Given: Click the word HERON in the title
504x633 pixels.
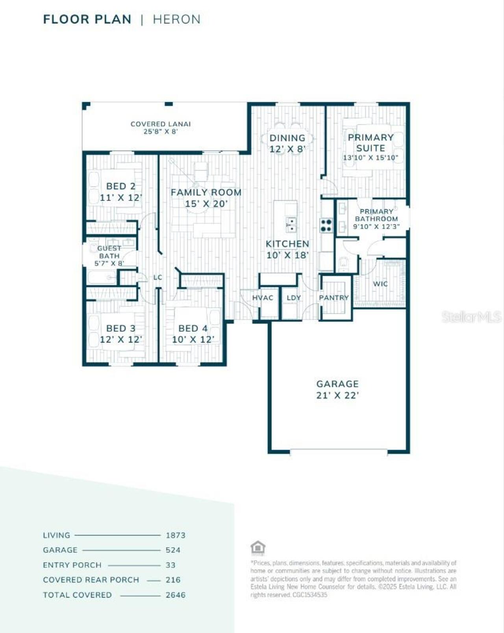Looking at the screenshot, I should pos(176,19).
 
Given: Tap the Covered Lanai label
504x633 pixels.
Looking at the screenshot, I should pos(160,127).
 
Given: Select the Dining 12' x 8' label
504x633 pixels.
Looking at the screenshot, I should pos(287,143).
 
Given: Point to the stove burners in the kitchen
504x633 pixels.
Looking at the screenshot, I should pos(326,225).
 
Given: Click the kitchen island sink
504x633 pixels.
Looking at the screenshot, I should pos(291,225).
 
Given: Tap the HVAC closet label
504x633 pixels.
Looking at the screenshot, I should pos(263,298).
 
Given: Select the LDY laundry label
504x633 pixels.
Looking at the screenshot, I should pos(294,298).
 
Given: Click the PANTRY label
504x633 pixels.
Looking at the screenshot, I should pos(334,298).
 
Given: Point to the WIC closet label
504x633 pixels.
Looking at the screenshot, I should pos(380,284).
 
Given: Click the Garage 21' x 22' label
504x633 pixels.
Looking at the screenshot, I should pos(337,389).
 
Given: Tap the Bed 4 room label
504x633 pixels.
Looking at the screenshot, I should pos(193,333).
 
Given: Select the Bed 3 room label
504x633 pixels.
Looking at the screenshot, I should pos(120,333).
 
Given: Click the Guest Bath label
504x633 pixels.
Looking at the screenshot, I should pos(109,256).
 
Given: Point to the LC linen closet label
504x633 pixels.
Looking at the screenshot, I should pos(157,277).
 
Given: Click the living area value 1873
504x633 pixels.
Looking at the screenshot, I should pos(176,535).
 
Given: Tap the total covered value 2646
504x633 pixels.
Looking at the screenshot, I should pos(176,595).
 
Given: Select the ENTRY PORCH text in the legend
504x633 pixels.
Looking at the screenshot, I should pos(72,565).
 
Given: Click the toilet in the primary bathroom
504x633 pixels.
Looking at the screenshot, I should pos(343,264).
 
